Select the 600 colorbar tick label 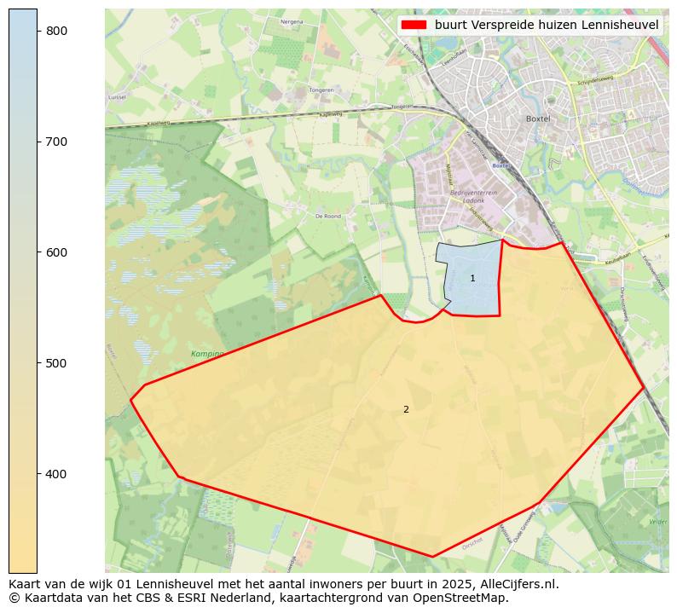coord(56,252)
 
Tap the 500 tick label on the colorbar coord(56,363)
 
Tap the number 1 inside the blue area coord(472,279)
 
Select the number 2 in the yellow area coord(406,410)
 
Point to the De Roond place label coord(327,217)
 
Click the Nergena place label coord(292,21)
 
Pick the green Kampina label coord(207,353)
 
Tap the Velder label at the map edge coord(658,521)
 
